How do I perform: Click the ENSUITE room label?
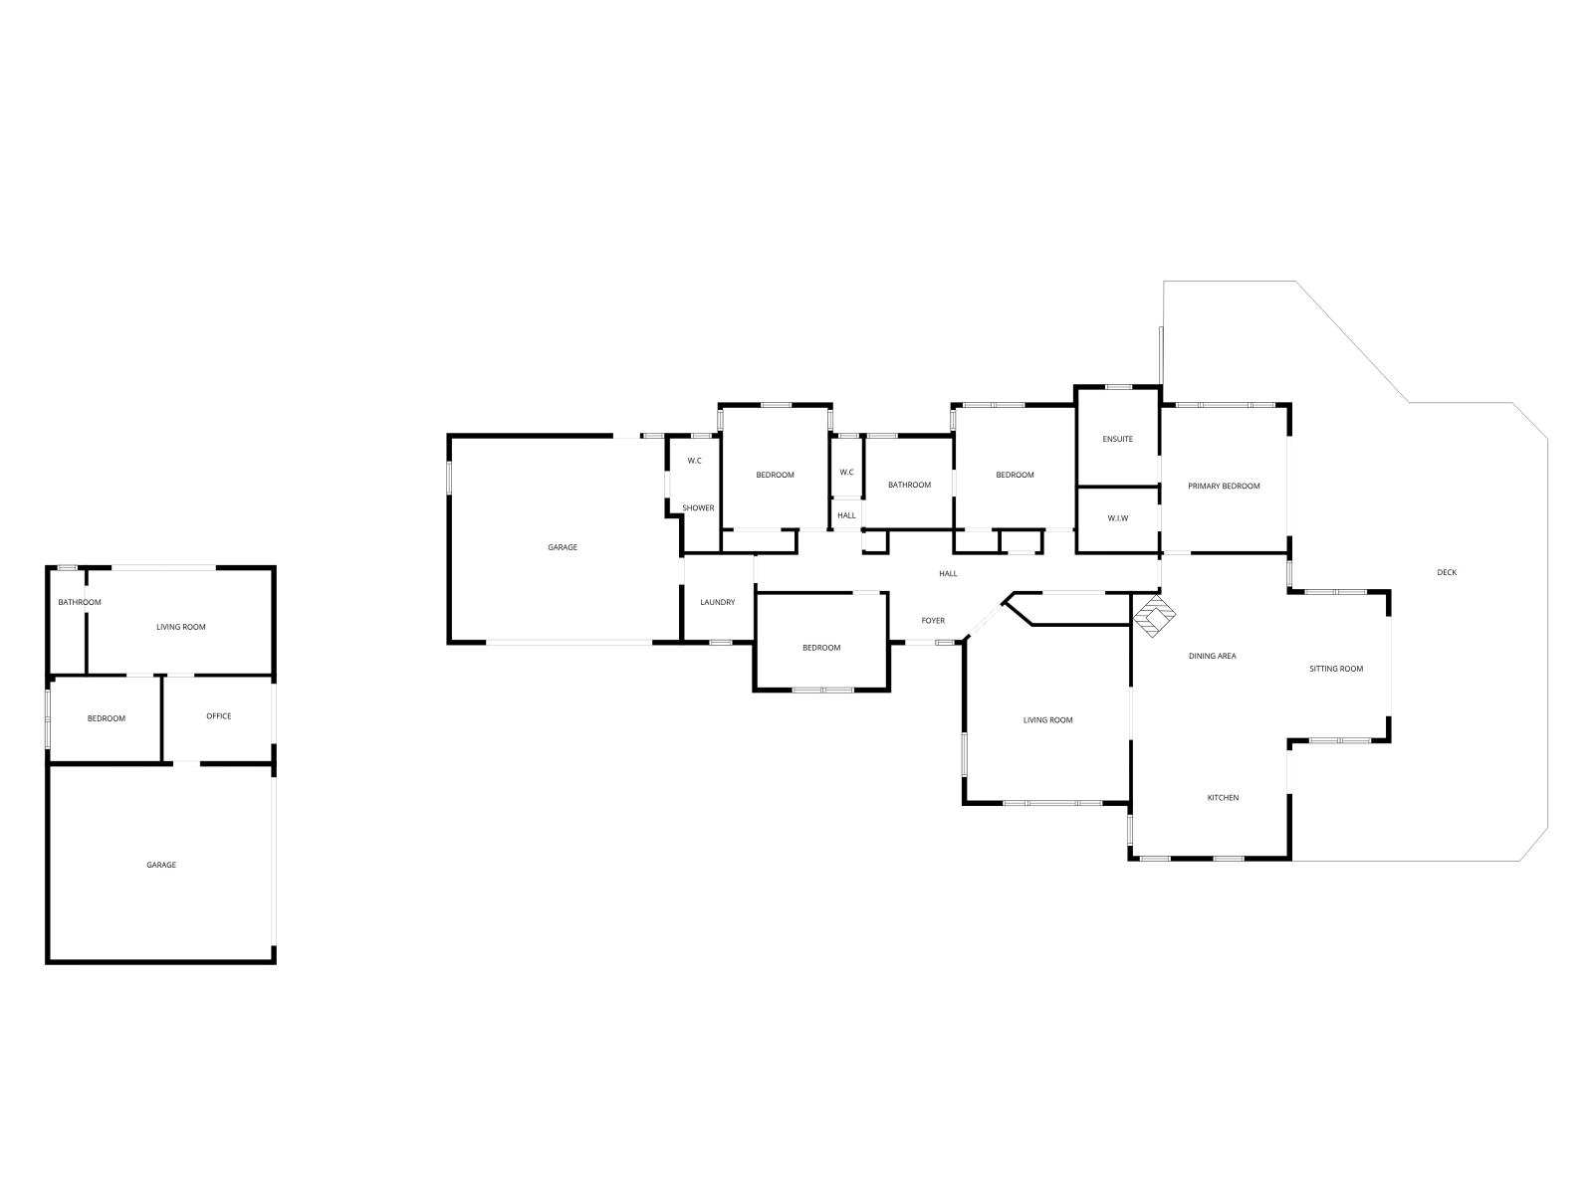[x=1117, y=439]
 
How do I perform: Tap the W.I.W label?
[x=1118, y=518]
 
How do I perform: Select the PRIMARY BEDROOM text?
[x=1224, y=486]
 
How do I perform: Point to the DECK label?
[x=1447, y=572]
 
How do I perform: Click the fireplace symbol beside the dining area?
[x=1154, y=616]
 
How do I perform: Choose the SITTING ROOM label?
[x=1336, y=669]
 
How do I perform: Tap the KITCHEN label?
[x=1223, y=797]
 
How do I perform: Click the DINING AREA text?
[x=1212, y=656]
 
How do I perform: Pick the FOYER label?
[x=933, y=620]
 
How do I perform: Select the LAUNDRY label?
[x=717, y=602]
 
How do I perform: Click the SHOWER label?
[x=698, y=507]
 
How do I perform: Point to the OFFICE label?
[x=218, y=715]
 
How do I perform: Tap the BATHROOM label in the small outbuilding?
[x=80, y=602]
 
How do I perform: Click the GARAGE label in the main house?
[x=563, y=546]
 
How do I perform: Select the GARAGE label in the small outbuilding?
[x=161, y=864]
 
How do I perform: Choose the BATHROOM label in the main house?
[x=909, y=485]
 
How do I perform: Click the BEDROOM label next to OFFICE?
[x=106, y=717]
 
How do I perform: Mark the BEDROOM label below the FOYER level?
[x=820, y=648]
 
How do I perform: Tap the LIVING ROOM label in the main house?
[x=1048, y=719]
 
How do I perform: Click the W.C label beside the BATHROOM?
[x=846, y=472]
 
